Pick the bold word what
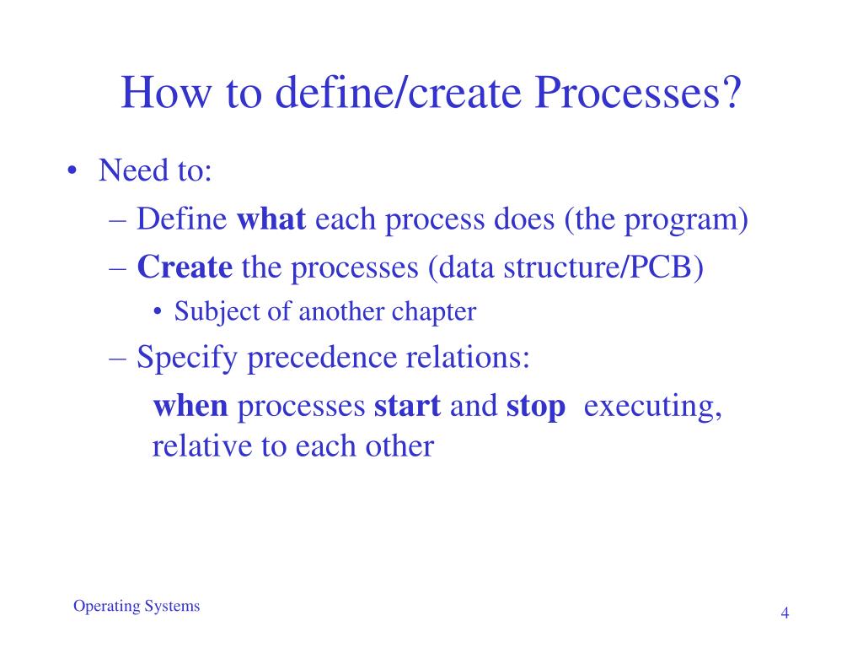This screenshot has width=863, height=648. pyautogui.click(x=272, y=220)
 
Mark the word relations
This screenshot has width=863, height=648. pyautogui.click(x=470, y=359)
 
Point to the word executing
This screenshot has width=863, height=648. pyautogui.click(x=653, y=408)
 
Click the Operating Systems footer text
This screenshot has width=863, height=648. pyautogui.click(x=137, y=607)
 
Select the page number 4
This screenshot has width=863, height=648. pyautogui.click(x=785, y=613)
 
